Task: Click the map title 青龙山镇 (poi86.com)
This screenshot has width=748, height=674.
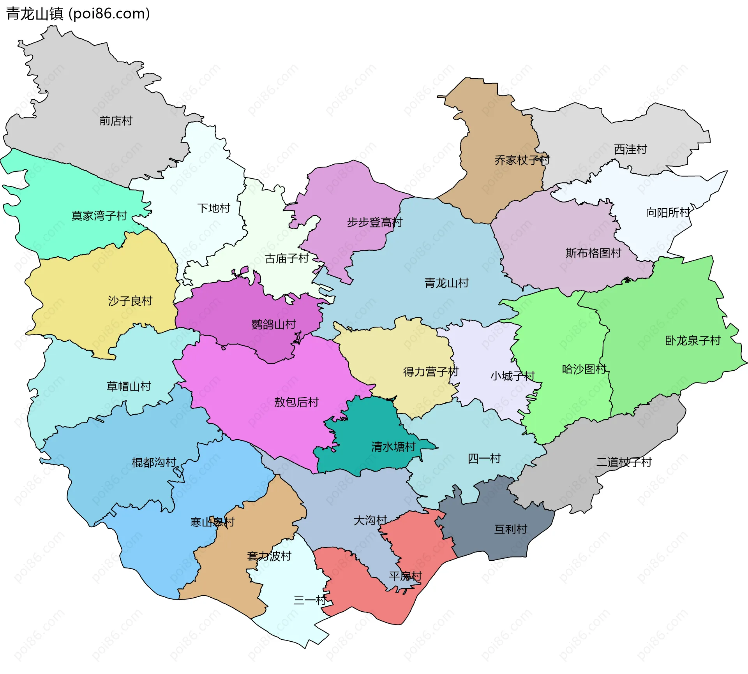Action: point(78,14)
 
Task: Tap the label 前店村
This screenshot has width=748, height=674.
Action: point(116,121)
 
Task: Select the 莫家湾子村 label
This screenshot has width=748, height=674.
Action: point(99,216)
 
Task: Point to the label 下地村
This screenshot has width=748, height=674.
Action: point(213,208)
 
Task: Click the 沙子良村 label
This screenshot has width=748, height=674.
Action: point(130,301)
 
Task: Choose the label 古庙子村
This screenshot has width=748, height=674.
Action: point(287,258)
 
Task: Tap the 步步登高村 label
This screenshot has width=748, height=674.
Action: point(374,222)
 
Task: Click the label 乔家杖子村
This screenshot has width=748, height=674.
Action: point(522,160)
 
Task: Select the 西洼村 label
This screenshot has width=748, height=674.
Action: point(630,149)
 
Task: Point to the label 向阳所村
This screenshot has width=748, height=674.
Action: point(668,213)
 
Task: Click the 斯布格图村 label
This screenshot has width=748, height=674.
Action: point(593,253)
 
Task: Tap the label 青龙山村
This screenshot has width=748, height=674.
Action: point(446,283)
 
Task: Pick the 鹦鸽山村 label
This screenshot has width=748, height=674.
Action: point(273,324)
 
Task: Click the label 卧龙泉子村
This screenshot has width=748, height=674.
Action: point(693,341)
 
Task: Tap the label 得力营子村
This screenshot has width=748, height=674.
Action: point(430,372)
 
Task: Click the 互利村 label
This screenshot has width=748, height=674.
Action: point(510,529)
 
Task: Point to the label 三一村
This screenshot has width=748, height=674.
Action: point(310,600)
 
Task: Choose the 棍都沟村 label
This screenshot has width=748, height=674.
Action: point(154,463)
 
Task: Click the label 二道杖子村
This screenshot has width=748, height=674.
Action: point(624,462)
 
